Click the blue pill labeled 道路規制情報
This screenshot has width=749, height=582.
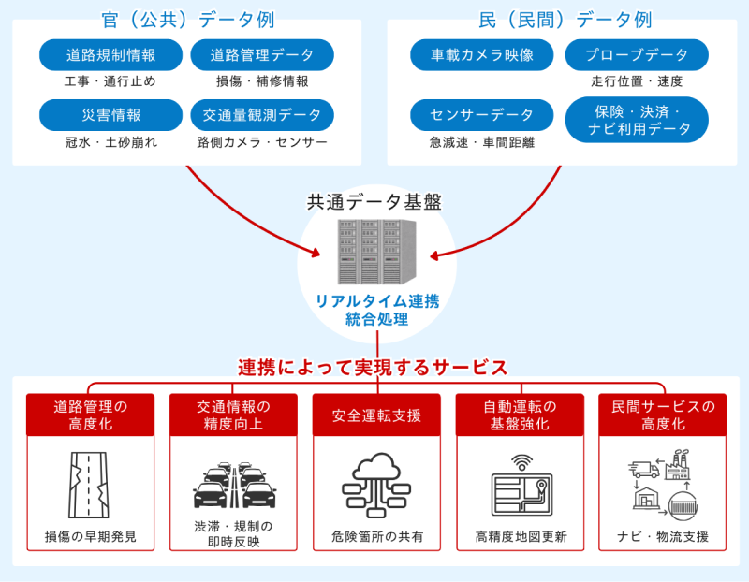coord(110,55)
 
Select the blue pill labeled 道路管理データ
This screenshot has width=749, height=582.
coord(262,55)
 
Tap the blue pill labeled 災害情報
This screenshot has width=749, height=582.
coord(110,115)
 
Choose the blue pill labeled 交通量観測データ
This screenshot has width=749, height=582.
coord(262,115)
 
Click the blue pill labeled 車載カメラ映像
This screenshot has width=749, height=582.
coord(482,55)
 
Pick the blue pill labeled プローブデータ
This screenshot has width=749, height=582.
coord(637,55)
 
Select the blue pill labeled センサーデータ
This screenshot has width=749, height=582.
coord(482,115)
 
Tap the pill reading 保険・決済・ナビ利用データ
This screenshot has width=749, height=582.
coord(637,120)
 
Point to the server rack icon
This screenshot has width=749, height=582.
coord(376,252)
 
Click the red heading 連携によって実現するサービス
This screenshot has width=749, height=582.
coord(373,367)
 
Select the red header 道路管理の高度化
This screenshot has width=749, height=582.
coord(91,415)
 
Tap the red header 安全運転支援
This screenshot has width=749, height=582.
coord(376,415)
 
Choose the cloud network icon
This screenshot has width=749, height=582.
coord(376,485)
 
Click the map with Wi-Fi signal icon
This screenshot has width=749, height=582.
coord(521,485)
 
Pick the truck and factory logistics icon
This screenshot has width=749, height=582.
coord(664,485)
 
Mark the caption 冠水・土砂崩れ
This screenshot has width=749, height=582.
coord(110,142)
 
